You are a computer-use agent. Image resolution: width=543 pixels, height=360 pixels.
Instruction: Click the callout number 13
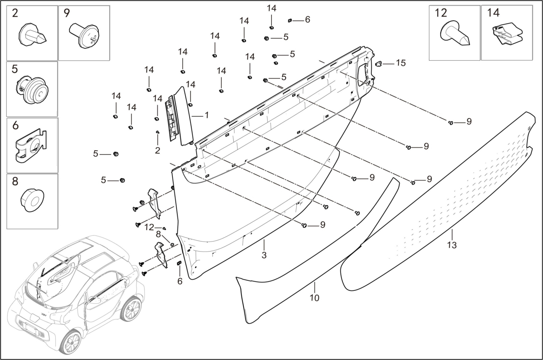click(452, 245)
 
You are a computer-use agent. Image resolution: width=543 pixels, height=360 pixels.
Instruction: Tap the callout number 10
click(314, 298)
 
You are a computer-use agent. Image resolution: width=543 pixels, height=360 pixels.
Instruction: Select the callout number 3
click(264, 255)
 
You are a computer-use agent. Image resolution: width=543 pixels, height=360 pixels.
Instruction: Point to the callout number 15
click(400, 63)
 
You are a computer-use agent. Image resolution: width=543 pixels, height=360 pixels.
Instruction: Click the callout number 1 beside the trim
click(206, 115)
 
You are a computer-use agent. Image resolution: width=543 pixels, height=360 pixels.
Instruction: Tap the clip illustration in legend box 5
click(32, 89)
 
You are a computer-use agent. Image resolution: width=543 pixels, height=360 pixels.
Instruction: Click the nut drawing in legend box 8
click(32, 200)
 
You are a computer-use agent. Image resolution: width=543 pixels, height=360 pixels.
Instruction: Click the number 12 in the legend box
click(441, 13)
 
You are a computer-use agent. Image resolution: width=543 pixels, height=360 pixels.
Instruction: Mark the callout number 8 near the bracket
click(158, 234)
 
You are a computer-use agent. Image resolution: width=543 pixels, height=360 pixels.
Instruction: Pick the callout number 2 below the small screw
click(157, 150)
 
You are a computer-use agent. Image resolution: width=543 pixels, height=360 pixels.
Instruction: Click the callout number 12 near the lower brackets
click(149, 227)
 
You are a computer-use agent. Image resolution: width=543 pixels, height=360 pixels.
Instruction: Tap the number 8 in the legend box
click(15, 182)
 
